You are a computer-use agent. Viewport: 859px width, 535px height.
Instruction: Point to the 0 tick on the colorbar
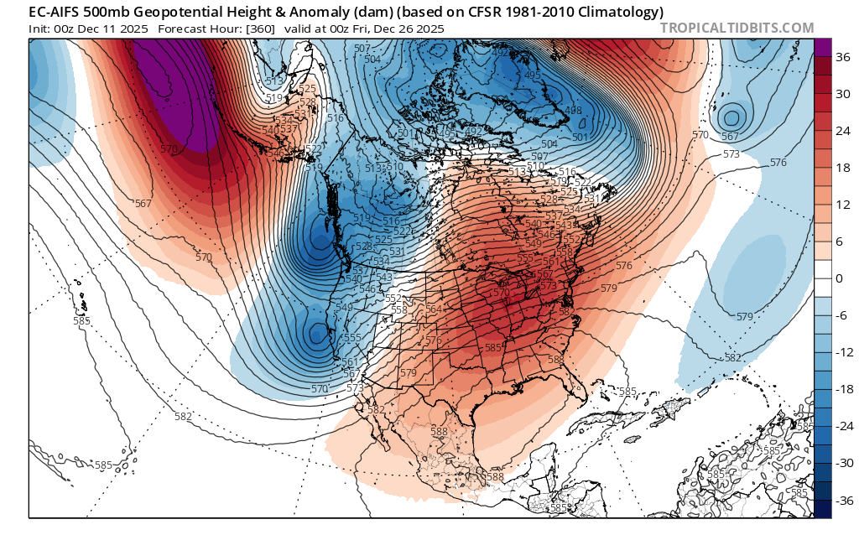click(841, 278)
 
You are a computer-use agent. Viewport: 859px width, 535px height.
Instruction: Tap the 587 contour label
click(566, 311)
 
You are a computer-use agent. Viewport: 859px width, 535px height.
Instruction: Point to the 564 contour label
click(434, 309)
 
